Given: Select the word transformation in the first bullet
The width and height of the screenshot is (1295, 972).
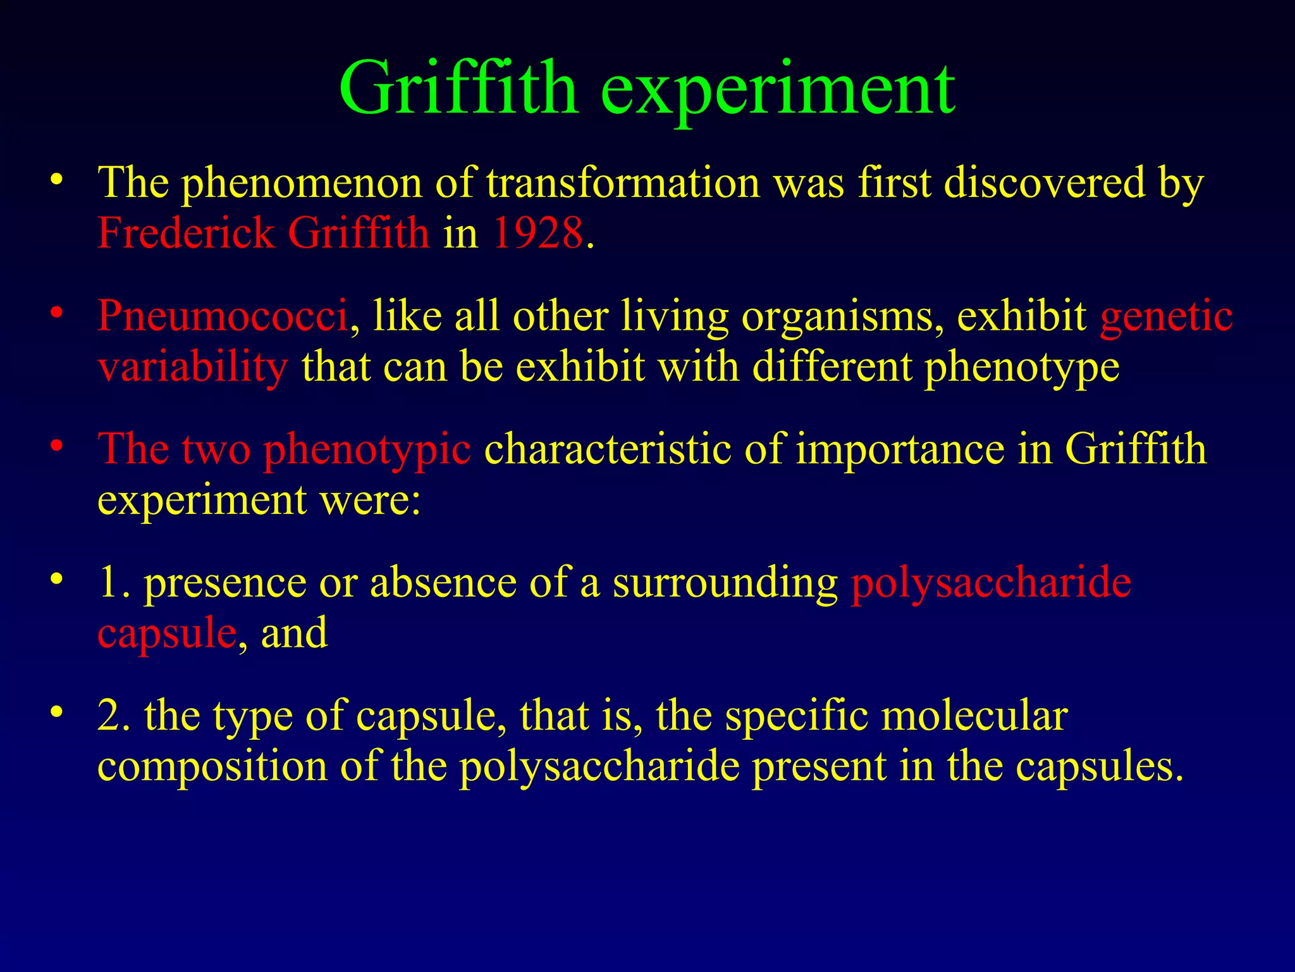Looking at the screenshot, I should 623,183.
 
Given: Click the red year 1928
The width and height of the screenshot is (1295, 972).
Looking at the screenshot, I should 538,232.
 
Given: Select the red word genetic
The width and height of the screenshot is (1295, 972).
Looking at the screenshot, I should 1166,315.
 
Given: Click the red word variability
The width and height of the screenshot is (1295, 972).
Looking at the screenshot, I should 193,367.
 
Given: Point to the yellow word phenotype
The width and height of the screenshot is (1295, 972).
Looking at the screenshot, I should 1022,367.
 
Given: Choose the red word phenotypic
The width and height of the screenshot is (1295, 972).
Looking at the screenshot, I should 367,449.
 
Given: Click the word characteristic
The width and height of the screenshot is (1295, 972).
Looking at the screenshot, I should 608,449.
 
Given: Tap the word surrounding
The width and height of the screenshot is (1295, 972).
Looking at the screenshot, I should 725,582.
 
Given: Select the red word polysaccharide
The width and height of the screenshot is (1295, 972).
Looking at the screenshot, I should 991,582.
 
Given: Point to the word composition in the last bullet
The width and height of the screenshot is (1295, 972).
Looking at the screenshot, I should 212,766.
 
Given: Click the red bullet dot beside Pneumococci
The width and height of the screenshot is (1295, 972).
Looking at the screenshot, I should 58,313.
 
